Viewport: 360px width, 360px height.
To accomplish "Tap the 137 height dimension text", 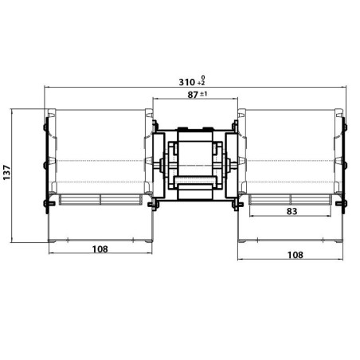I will pyautogui.click(x=7, y=174).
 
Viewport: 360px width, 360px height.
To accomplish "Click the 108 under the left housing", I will pyautogui.click(x=100, y=248).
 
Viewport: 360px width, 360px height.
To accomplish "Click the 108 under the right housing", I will pyautogui.click(x=294, y=255).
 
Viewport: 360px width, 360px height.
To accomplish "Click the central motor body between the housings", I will pyautogui.click(x=195, y=163).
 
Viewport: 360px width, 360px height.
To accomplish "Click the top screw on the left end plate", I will pyautogui.click(x=45, y=126).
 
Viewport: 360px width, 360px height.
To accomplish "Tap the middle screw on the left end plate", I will pyautogui.click(x=45, y=165).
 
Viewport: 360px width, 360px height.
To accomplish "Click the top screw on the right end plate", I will pyautogui.click(x=345, y=126).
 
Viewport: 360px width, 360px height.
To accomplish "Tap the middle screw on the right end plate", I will pyautogui.click(x=345, y=165).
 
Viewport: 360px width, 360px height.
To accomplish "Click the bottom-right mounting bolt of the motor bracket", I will pyautogui.click(x=237, y=205).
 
